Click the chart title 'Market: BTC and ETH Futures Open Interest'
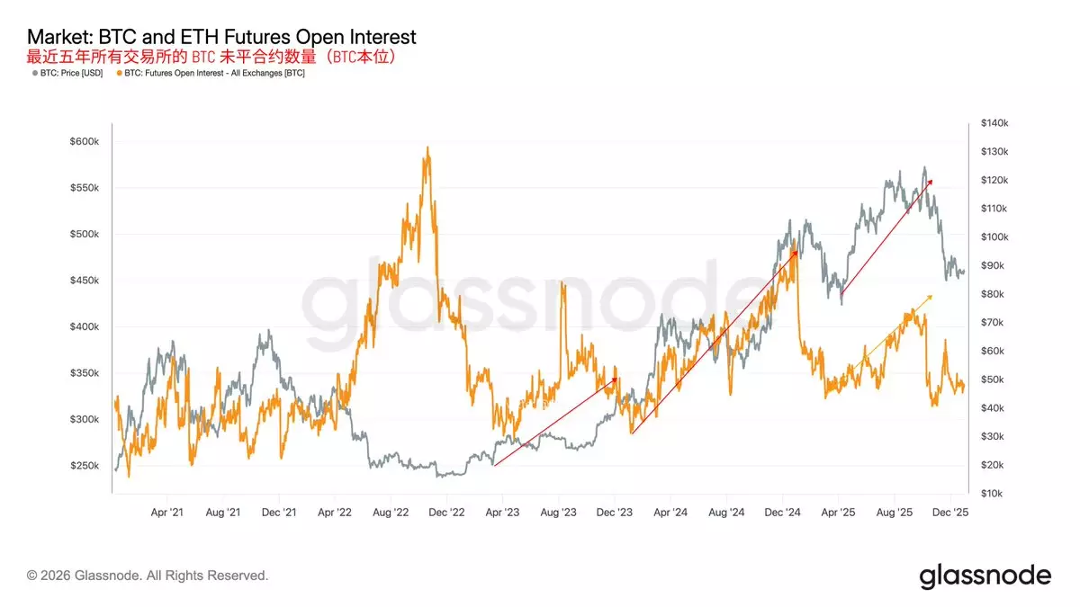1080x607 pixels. coord(221,37)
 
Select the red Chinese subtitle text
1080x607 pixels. coord(212,56)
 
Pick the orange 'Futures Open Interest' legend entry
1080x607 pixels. coord(214,73)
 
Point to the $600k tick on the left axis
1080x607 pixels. coord(90,142)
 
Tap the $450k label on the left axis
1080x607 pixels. coord(90,281)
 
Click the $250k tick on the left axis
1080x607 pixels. coord(90,466)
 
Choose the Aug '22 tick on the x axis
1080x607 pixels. coord(390,512)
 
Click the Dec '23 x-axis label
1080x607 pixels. coord(614,512)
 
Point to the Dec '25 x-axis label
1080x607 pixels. coord(949,512)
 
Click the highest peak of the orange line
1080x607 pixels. coord(427,147)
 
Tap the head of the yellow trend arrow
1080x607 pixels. coord(931,294)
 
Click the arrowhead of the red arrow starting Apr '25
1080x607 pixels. coord(931,181)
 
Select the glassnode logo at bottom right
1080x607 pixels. coord(985,576)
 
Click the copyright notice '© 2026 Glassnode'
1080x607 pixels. coord(148,576)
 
